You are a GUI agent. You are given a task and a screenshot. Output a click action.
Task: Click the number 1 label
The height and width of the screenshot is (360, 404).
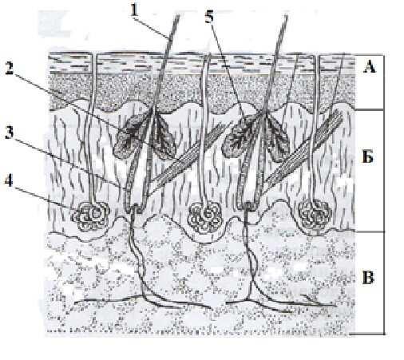tap(135, 10)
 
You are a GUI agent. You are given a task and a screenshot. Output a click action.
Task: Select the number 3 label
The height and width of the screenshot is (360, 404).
tap(9, 132)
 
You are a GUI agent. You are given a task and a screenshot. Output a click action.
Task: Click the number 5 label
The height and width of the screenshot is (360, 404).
tap(209, 17)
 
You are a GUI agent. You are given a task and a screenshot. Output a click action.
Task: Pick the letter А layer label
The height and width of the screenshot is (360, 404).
tap(370, 66)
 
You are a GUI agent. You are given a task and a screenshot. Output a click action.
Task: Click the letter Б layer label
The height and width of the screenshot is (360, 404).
tap(368, 157)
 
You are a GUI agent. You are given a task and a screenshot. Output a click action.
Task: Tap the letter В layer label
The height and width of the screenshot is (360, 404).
tap(368, 277)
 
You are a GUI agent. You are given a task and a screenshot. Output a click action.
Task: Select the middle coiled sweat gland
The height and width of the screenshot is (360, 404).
tap(205, 216)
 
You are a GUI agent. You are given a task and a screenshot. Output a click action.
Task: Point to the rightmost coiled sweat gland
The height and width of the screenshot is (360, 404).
tap(315, 215)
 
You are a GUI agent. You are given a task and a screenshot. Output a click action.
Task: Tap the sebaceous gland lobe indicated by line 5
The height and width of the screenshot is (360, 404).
tap(240, 136)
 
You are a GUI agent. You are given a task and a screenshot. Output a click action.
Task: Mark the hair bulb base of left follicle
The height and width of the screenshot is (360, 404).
tap(135, 207)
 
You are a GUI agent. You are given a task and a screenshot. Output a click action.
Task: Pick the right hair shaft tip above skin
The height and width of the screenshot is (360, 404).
tap(287, 15)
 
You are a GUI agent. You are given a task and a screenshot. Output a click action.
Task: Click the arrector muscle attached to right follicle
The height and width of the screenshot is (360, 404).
tap(303, 148)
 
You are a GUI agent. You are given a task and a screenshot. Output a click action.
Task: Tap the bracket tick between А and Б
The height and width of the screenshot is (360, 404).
tap(370, 109)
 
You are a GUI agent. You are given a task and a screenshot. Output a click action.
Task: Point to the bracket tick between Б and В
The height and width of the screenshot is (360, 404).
tap(370, 231)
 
